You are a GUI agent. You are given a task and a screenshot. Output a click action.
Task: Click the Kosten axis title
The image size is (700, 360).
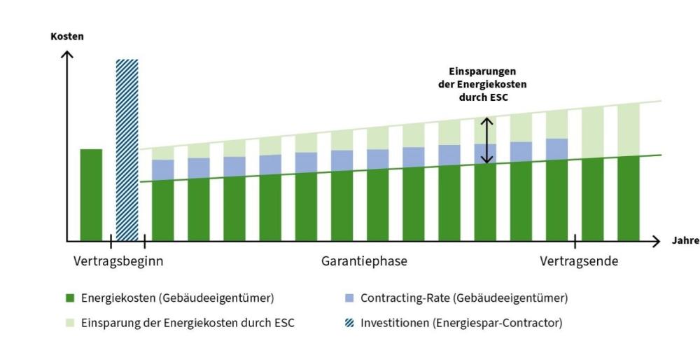(66, 36)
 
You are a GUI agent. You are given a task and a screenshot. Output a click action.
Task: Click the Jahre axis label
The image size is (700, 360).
(685, 241)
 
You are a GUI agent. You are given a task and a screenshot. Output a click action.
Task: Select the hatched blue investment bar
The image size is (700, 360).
(127, 150)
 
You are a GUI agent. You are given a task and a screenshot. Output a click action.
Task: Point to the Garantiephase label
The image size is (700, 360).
(364, 262)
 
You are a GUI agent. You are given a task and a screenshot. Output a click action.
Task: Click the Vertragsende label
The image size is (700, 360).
(579, 262)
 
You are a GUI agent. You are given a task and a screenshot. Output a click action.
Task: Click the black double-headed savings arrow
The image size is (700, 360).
(487, 140)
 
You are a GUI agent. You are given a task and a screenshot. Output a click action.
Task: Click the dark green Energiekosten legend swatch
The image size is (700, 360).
(70, 298)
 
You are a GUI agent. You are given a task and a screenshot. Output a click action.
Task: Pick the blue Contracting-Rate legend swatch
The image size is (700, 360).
(350, 298)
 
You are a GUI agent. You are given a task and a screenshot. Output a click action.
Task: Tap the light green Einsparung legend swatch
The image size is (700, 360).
(70, 324)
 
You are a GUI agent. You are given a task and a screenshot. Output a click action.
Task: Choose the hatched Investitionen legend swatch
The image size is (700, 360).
(350, 324)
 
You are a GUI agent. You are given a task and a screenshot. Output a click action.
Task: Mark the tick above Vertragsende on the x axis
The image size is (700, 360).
(575, 242)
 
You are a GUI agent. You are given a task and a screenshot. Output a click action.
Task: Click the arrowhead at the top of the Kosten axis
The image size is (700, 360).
(67, 54)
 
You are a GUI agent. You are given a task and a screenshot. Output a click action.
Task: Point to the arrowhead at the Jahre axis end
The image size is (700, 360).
(656, 242)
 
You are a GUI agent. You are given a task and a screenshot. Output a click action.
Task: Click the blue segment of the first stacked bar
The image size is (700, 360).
(162, 169)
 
